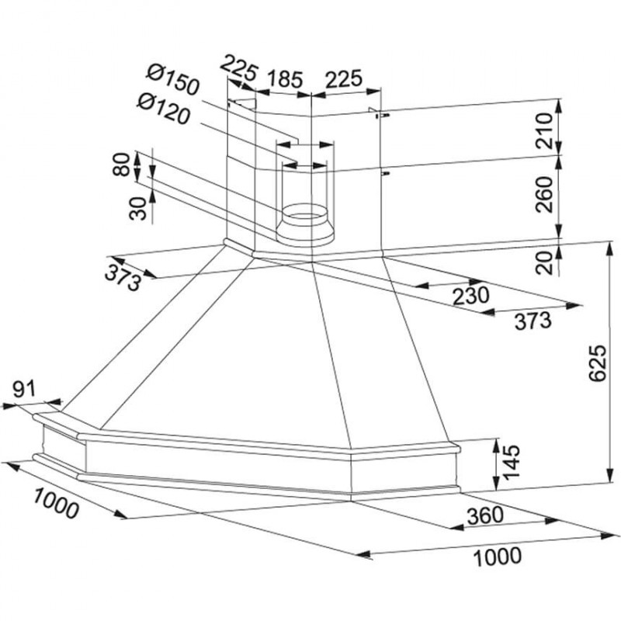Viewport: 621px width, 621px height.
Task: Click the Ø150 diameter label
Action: tap(172, 80)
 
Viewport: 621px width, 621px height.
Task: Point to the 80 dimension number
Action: tap(121, 165)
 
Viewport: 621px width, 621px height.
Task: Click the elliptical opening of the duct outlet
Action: tap(308, 211)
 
